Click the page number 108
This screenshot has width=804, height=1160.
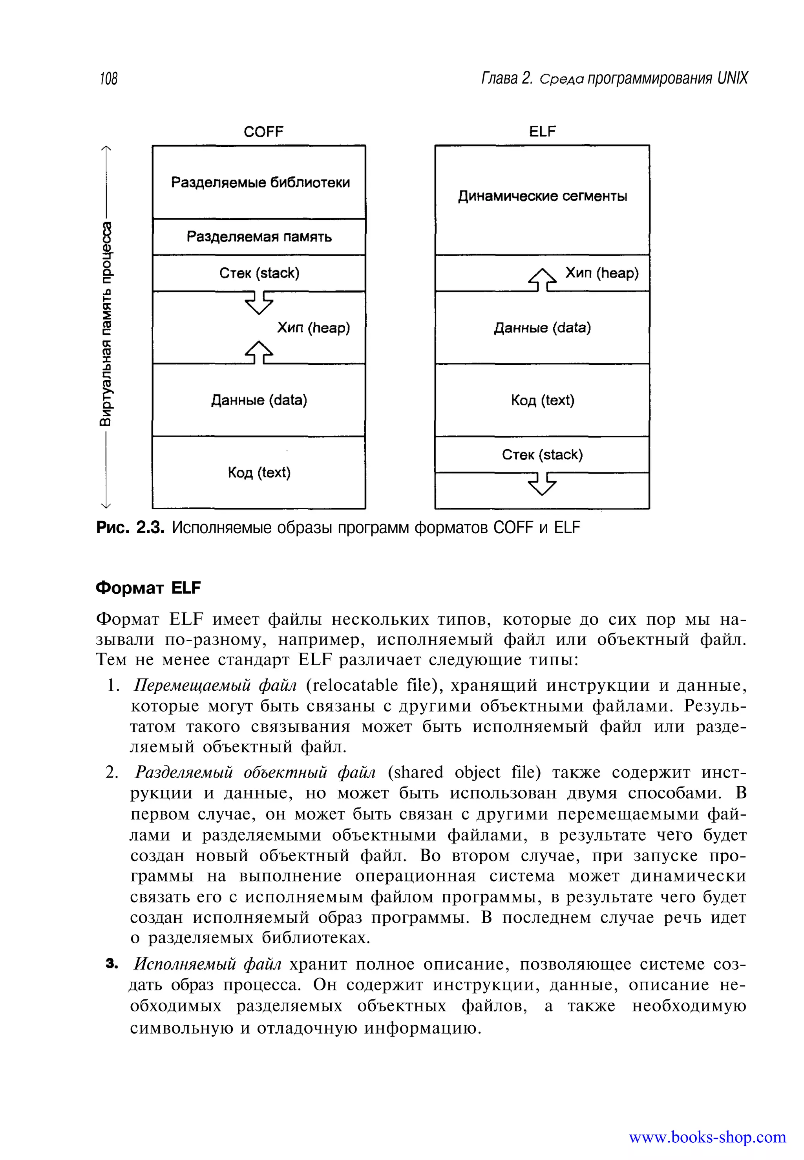pyautogui.click(x=108, y=79)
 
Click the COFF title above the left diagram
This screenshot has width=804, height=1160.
pyautogui.click(x=263, y=132)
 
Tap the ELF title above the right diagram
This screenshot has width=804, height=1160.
pyautogui.click(x=542, y=132)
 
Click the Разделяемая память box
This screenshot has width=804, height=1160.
pyautogui.click(x=259, y=236)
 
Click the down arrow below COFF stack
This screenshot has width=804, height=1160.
pyautogui.click(x=259, y=303)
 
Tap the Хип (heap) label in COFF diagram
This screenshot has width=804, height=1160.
pyautogui.click(x=313, y=328)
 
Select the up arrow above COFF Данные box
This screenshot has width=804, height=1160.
pyautogui.click(x=259, y=352)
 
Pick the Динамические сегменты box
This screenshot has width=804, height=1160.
pyautogui.click(x=542, y=196)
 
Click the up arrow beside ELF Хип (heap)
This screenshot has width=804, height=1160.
pyautogui.click(x=542, y=280)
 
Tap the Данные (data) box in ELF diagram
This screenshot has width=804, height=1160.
pyautogui.click(x=542, y=328)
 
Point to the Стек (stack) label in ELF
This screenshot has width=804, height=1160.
pyautogui.click(x=542, y=454)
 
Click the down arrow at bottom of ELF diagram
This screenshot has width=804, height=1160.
pyautogui.click(x=542, y=484)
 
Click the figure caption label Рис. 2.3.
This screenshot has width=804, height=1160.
pyautogui.click(x=130, y=528)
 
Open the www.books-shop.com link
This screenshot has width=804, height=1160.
pyautogui.click(x=707, y=1137)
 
